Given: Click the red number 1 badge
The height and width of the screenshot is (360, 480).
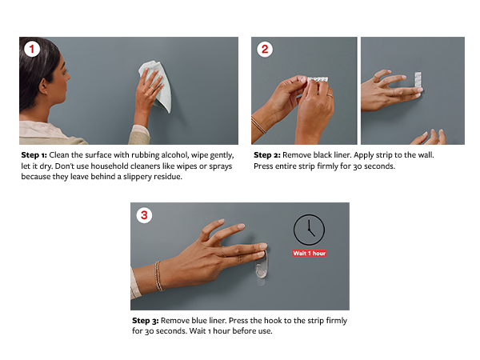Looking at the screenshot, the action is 32,49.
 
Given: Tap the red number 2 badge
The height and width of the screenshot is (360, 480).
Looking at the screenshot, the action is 265,49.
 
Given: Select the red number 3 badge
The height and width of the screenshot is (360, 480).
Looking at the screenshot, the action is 144,215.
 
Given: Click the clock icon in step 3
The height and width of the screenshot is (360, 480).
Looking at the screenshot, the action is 309,230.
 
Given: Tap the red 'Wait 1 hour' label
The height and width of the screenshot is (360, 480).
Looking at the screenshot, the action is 309,253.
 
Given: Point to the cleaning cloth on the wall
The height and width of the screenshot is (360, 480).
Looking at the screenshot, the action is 157,86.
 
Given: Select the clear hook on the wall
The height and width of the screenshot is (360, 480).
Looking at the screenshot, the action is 261,266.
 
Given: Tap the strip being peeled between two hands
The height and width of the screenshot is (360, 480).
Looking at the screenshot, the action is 317,79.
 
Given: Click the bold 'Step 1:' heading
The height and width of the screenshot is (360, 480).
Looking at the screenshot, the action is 34,155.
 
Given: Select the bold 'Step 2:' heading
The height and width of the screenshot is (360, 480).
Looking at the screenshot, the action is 267,155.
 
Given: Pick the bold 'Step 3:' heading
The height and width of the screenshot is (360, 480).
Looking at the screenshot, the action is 146,321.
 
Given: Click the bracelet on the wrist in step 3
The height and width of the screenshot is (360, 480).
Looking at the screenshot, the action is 158,276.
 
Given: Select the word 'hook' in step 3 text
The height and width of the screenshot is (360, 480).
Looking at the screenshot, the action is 273,321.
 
